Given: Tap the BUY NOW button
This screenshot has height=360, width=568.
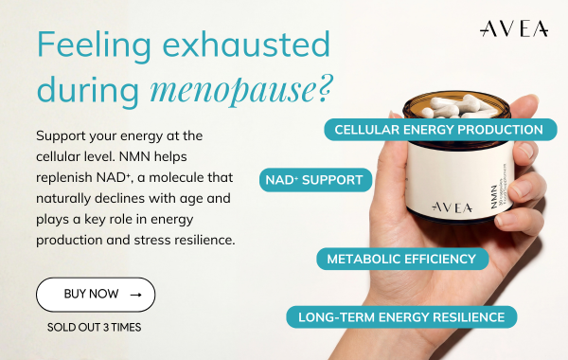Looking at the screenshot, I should pos(96,295).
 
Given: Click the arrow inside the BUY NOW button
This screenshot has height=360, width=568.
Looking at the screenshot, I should pos(135,295).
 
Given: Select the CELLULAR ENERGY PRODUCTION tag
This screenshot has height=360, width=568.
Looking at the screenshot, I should pos(439,129).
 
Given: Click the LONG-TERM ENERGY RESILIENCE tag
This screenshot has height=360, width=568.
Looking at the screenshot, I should pos(402,316).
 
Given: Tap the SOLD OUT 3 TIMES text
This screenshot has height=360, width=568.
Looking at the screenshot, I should pos(95,328).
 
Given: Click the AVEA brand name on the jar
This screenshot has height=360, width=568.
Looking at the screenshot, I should pos(427,205).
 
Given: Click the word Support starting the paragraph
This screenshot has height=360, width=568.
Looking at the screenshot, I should pos(62,135).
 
